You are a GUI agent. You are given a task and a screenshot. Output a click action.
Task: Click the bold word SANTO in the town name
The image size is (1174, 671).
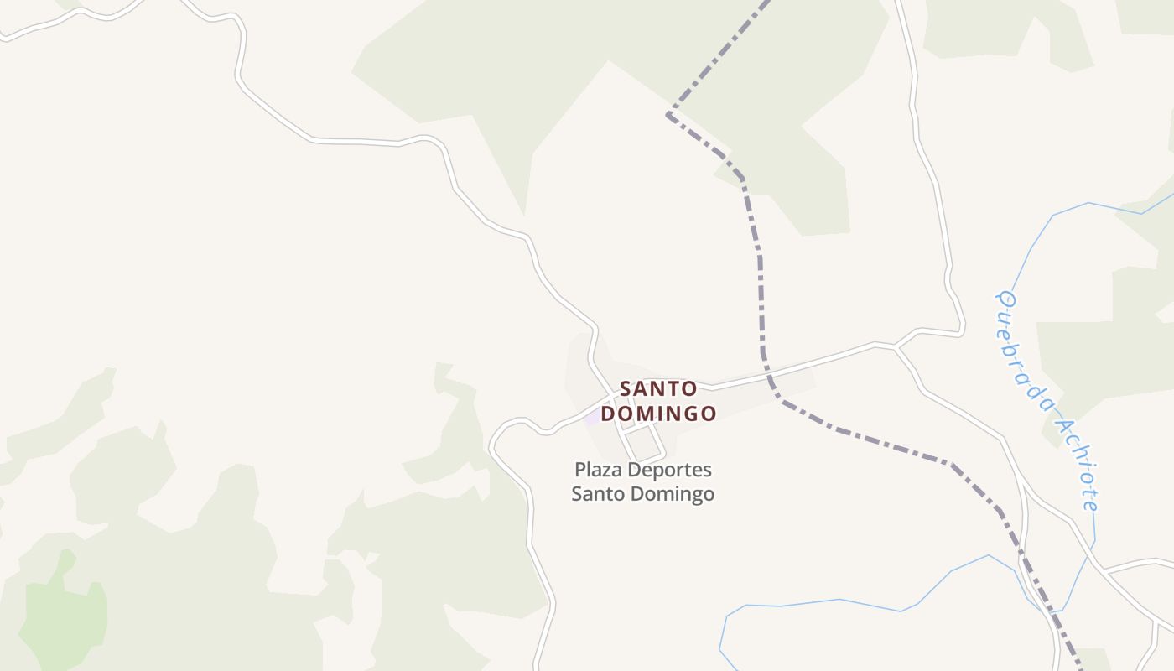(x=658, y=389)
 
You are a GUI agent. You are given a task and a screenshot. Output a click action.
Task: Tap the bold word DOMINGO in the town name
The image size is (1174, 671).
(x=658, y=414)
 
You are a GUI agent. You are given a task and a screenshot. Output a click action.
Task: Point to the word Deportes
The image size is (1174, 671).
(x=668, y=470)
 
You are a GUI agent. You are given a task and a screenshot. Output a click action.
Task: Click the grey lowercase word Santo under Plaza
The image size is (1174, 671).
(x=596, y=494)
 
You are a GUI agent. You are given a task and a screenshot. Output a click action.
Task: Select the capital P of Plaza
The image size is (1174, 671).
(x=579, y=470)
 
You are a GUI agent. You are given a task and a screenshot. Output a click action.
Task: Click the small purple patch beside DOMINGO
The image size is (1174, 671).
(x=593, y=416)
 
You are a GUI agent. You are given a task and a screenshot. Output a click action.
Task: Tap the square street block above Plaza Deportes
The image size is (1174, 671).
(x=643, y=442)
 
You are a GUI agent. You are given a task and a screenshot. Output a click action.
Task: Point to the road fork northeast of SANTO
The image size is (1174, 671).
(x=895, y=346)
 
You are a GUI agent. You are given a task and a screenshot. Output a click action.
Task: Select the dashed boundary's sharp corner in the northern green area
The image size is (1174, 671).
(x=668, y=113)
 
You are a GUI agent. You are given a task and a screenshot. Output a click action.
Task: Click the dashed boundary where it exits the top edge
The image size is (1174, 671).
(x=766, y=3)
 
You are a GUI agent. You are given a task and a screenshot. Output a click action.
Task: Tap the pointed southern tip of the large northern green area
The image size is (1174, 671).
(x=524, y=215)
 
